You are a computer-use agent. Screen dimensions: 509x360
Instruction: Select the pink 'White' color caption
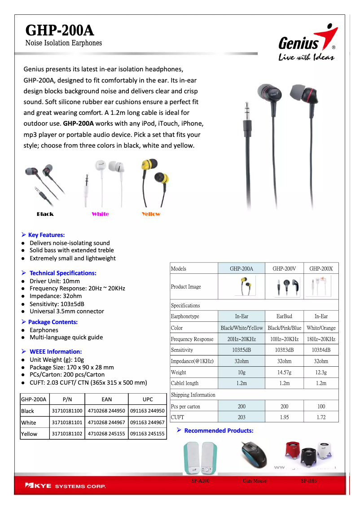pos(100,214)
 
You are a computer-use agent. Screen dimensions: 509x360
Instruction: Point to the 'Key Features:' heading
pos(46,235)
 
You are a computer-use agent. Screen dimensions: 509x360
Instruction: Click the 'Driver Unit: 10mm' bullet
pos(55,281)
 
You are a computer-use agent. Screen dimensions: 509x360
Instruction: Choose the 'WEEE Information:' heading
pos(56,351)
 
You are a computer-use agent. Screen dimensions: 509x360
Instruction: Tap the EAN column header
pos(107,399)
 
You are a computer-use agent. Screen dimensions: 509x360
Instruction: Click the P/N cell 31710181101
pos(67,422)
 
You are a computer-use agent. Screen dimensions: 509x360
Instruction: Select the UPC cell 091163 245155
pos(147,434)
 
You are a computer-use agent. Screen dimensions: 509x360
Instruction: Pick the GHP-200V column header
pos(284,268)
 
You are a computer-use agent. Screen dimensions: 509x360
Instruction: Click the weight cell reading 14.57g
pos(284,373)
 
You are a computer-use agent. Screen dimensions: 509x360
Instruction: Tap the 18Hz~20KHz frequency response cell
pos(321,339)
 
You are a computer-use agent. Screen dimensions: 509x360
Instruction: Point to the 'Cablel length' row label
pos(184,383)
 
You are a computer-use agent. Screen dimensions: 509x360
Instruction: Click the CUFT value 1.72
pos(321,417)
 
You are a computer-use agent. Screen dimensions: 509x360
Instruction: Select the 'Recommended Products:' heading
pos(219,430)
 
